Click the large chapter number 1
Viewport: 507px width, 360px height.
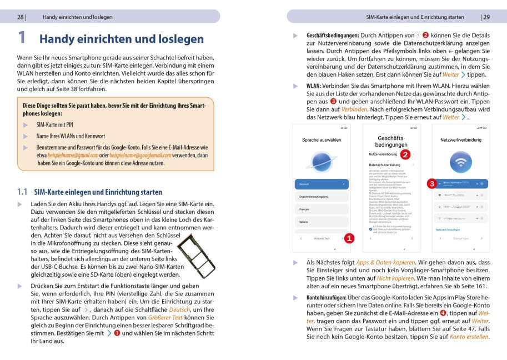[22, 38]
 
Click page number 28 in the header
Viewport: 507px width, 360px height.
[20, 17]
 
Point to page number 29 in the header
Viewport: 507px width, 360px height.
[486, 17]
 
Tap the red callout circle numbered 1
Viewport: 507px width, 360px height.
[349, 238]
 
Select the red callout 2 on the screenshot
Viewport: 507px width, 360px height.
[405, 154]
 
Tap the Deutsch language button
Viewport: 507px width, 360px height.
[322, 183]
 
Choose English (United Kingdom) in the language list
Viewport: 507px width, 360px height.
[322, 197]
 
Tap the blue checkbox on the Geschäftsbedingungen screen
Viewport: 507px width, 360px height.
[370, 228]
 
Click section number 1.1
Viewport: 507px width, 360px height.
[22, 192]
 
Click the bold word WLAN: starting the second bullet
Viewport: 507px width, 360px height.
[315, 86]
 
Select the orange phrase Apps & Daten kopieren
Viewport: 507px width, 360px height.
[385, 262]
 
